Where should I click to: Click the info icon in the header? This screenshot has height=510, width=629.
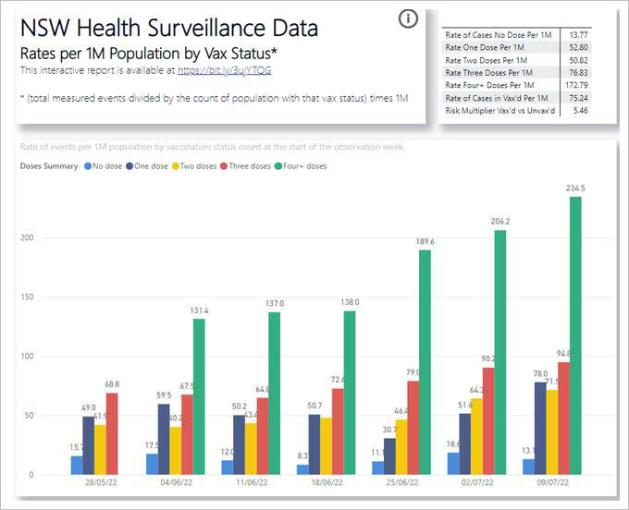pyautogui.click(x=408, y=18)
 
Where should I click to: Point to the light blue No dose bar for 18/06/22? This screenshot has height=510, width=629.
pyautogui.click(x=302, y=469)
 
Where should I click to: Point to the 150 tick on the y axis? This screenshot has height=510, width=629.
pyautogui.click(x=30, y=297)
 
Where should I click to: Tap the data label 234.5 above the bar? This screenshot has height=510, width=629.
pyautogui.click(x=575, y=188)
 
